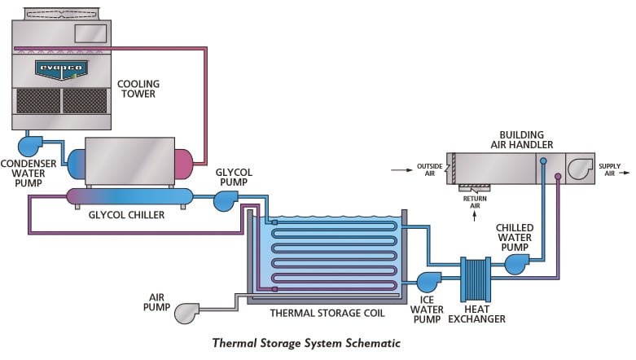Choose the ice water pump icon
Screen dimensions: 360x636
tap(428, 282)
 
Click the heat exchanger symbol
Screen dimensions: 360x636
tap(476, 279)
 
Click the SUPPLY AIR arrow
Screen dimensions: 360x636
tap(624, 173)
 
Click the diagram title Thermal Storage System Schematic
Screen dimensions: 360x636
tap(306, 343)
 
